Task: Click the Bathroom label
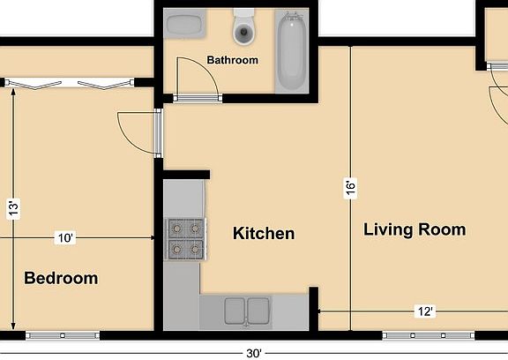(x=232, y=61)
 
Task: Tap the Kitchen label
(x=263, y=234)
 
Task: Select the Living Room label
(x=415, y=230)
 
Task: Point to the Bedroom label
(x=61, y=279)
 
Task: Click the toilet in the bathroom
(x=243, y=30)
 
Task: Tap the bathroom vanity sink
(x=185, y=26)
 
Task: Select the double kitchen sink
(x=246, y=311)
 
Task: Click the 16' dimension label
(x=350, y=188)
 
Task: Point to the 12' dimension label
(x=426, y=311)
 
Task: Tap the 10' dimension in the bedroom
(x=65, y=238)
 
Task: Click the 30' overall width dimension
(x=254, y=353)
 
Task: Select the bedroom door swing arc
(x=132, y=132)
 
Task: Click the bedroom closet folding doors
(x=71, y=84)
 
